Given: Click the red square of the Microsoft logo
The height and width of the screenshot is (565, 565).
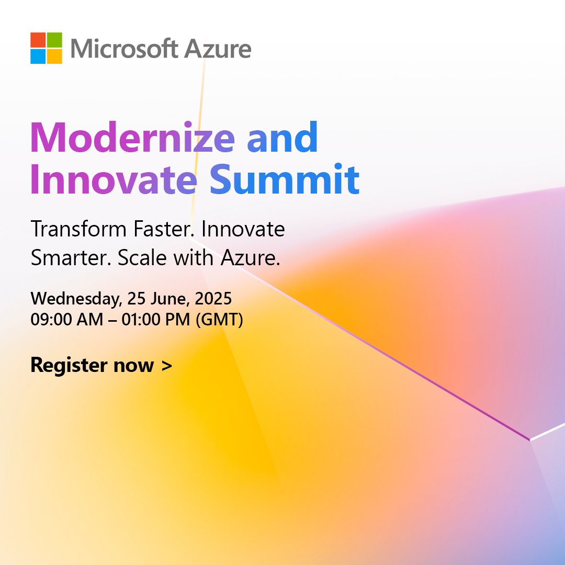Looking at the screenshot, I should click(38, 40).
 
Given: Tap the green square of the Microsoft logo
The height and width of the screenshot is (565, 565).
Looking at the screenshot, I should click(54, 40).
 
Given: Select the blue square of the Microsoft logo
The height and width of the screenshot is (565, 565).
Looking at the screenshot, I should click(38, 56).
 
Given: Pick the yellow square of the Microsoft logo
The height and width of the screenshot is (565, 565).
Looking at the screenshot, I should click(54, 56).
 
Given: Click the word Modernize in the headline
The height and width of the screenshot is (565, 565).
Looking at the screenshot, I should click(133, 138).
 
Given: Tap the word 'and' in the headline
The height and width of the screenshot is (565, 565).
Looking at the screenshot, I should click(282, 138).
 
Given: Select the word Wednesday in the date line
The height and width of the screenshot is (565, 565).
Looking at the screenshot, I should click(76, 299).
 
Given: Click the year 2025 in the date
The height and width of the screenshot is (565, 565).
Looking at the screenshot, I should click(213, 299).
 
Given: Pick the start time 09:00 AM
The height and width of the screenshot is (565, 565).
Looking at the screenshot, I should click(66, 320).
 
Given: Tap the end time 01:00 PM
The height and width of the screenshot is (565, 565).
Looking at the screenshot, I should click(156, 320).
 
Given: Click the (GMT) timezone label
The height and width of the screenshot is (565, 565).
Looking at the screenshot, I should click(219, 320).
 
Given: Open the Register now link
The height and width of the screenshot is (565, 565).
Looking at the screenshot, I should click(101, 365).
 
